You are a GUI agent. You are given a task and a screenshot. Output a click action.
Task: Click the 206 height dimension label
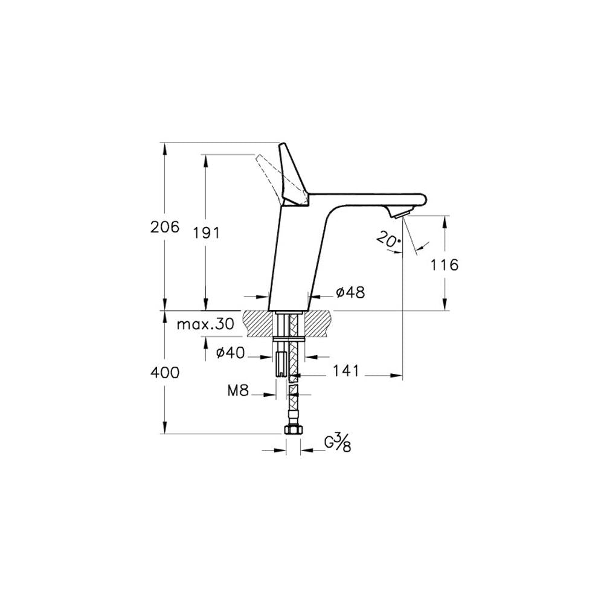(165, 227)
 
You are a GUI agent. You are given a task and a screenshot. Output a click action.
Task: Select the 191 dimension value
(206, 233)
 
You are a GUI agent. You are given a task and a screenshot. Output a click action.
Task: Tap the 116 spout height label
(444, 265)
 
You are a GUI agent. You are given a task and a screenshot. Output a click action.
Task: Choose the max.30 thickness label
(205, 324)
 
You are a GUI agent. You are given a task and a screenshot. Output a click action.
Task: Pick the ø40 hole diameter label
(230, 352)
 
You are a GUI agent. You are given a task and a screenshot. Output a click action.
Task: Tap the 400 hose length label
(165, 373)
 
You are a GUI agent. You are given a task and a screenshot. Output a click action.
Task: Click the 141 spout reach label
(345, 371)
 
